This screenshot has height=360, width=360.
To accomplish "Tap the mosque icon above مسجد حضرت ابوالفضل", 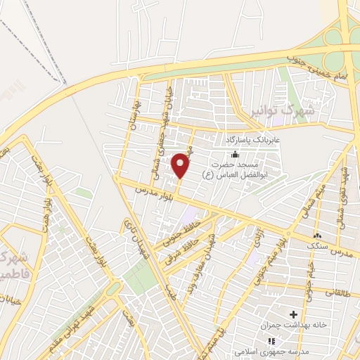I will [235, 155].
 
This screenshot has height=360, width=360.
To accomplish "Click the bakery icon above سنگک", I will [317, 236].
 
